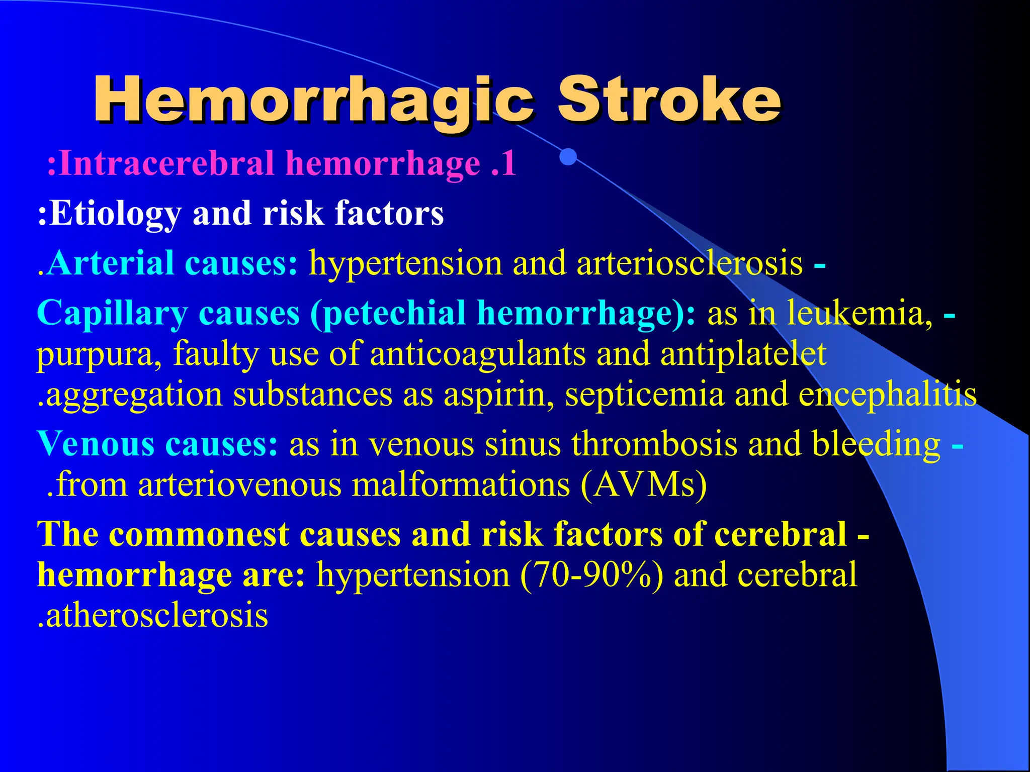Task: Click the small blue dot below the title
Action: pos(568,157)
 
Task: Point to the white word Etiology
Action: pos(115,214)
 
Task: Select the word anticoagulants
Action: pos(478,353)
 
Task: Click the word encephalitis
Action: pos(888,395)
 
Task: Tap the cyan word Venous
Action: pos(96,444)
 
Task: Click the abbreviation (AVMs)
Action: pos(644,485)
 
